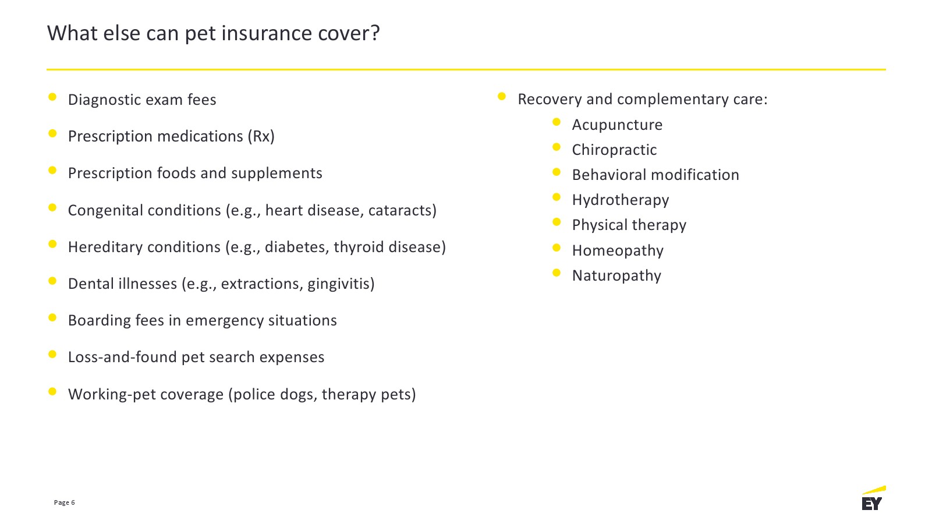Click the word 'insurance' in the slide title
[x=266, y=33]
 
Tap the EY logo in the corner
[x=873, y=498]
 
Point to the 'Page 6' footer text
[x=64, y=502]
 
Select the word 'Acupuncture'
[x=617, y=125]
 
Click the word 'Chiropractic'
[x=614, y=150]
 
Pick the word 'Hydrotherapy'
[x=621, y=200]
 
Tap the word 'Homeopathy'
[x=618, y=250]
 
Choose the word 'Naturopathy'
[x=616, y=275]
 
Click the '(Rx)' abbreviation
[x=261, y=136]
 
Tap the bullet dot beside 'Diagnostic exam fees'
[x=52, y=97]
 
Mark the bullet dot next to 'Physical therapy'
[x=557, y=222]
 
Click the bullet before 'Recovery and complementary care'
[x=502, y=97]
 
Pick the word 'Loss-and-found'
[x=123, y=357]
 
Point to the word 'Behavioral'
[x=609, y=175]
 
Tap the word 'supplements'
[x=277, y=174]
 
